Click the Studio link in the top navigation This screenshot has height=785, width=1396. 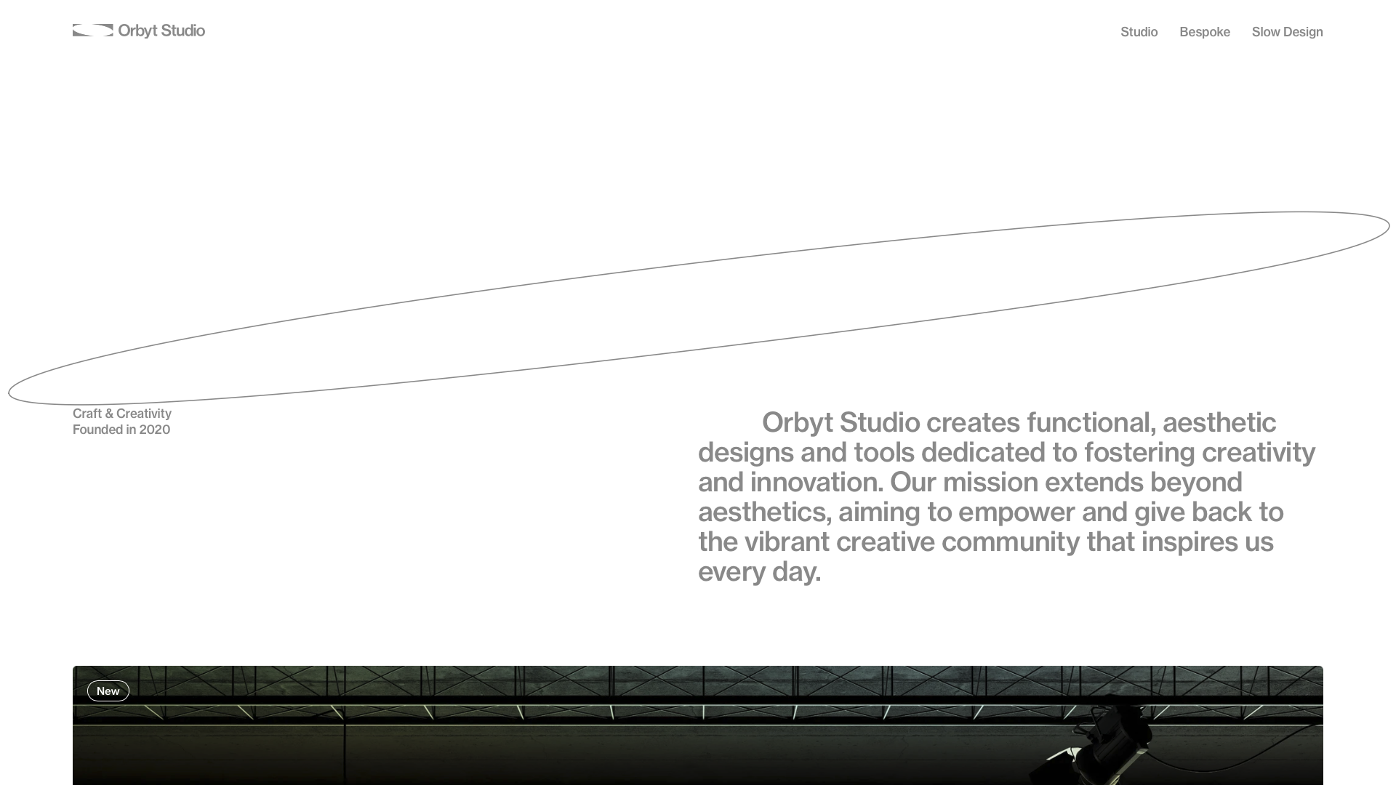1139,32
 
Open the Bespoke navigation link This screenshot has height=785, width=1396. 1205,32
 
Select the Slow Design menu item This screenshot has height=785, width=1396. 1287,32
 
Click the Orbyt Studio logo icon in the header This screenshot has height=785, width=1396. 93,31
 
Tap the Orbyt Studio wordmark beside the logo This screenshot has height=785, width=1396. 161,31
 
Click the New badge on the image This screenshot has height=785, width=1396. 108,691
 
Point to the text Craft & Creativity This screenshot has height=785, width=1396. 122,414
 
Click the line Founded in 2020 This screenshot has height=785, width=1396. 121,430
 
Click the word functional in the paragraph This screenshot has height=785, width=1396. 1088,422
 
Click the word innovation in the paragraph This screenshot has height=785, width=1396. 817,482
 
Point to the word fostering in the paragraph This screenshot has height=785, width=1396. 1139,453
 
